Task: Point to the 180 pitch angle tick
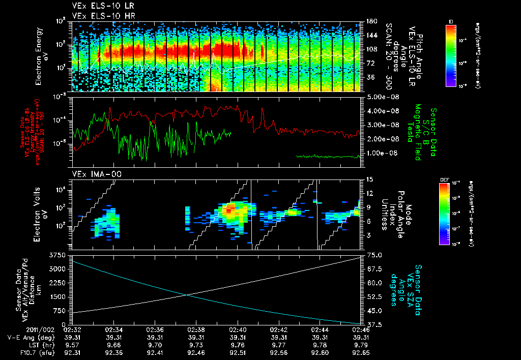tap(370, 22)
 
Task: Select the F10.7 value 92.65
tap(359, 353)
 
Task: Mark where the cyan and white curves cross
tap(187, 295)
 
